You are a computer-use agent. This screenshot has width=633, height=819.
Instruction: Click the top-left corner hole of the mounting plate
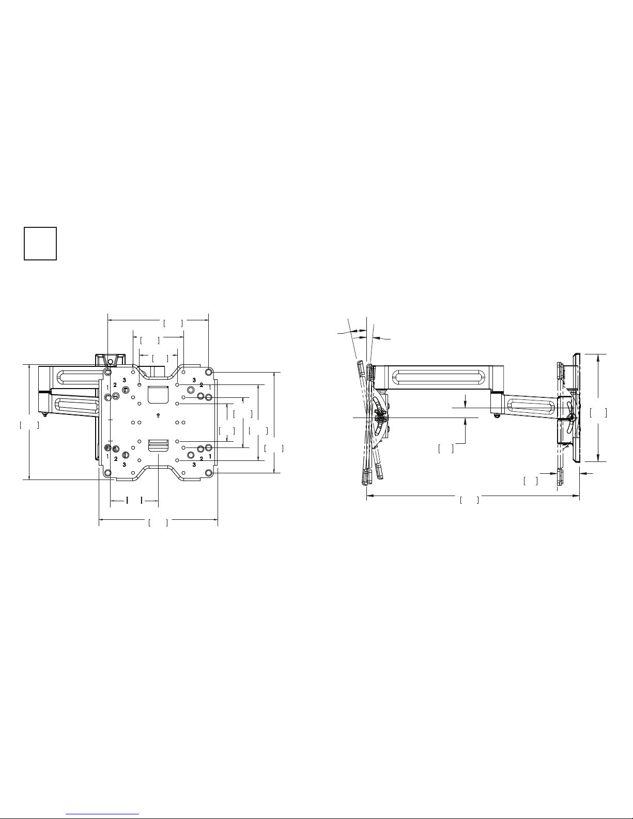(108, 373)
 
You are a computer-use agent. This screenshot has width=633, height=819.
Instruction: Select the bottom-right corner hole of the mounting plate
(208, 473)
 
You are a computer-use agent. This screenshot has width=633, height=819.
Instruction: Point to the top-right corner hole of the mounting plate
(208, 372)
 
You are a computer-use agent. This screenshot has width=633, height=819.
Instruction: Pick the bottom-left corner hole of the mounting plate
(108, 473)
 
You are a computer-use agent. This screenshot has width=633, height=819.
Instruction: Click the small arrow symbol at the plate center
(158, 416)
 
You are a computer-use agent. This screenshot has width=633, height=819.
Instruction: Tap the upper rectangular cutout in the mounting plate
(158, 394)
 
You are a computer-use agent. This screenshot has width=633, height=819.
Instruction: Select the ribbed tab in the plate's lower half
(158, 445)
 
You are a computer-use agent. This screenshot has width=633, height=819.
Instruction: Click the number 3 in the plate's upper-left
(125, 380)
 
